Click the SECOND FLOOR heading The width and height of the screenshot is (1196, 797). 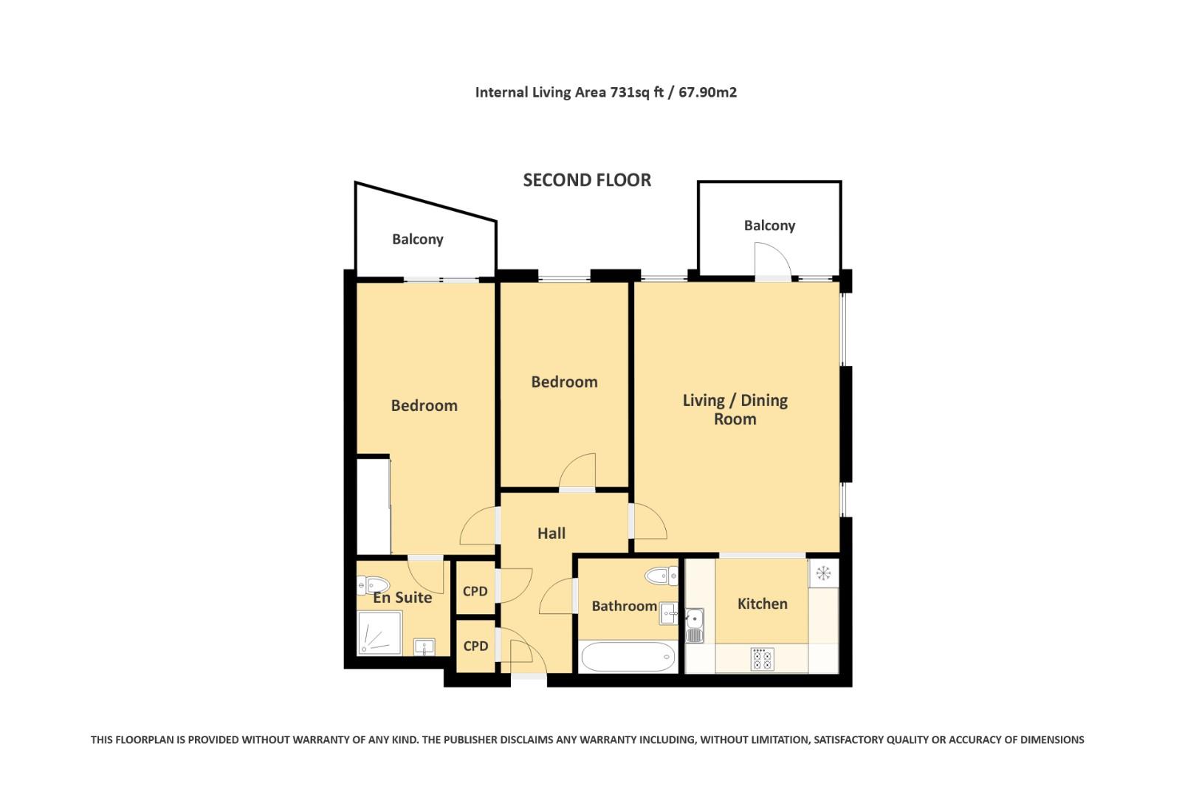(x=587, y=180)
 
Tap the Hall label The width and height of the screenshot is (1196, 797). (x=551, y=533)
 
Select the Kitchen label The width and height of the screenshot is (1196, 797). (x=762, y=604)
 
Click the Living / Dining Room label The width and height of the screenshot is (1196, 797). (x=735, y=410)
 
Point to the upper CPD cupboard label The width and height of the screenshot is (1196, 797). (x=475, y=591)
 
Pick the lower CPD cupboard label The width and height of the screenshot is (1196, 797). (x=475, y=646)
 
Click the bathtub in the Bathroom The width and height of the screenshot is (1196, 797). (x=628, y=656)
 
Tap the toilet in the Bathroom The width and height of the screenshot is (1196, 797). (x=661, y=576)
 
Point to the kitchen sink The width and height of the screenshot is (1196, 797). (x=694, y=625)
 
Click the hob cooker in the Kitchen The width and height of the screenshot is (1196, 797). (x=762, y=658)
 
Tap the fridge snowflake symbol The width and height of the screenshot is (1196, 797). (x=823, y=573)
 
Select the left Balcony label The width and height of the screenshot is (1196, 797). (x=417, y=239)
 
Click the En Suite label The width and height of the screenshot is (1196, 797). (x=402, y=598)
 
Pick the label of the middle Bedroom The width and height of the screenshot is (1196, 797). (x=564, y=382)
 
